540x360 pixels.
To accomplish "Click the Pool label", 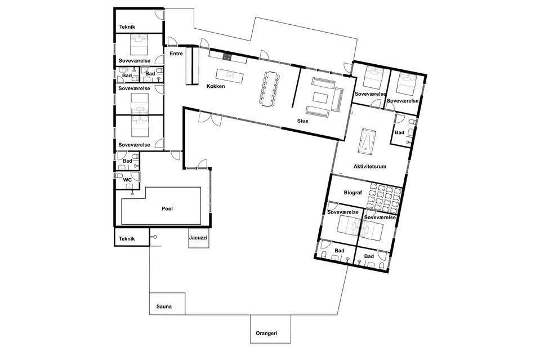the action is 167,209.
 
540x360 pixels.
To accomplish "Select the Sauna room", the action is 167,304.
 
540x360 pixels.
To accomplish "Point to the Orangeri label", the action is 266,333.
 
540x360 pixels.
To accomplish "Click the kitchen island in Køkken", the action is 229,75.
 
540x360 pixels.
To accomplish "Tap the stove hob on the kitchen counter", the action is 227,57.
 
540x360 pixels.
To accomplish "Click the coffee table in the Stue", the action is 320,97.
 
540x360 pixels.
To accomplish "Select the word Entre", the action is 176,54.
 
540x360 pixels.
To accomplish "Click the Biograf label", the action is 353,193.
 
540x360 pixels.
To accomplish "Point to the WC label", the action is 127,180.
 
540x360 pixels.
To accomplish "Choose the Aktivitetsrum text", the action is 370,166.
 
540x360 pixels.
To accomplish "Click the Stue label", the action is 303,121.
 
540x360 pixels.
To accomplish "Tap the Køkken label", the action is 216,86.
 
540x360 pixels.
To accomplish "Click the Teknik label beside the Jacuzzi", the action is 127,239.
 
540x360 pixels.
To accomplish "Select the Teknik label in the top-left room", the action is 127,27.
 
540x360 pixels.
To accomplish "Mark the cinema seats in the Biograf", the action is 382,198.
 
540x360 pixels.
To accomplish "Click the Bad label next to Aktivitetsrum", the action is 399,132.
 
